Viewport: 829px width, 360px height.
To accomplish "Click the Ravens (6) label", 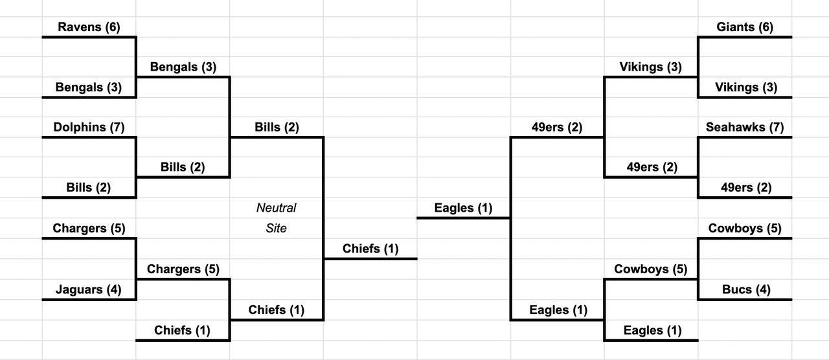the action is click(x=89, y=27).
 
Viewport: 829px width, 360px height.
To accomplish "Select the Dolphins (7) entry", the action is click(x=89, y=128).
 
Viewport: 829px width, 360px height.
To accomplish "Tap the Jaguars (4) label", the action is click(x=89, y=289).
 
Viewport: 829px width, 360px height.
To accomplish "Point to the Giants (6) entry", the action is click(x=745, y=27).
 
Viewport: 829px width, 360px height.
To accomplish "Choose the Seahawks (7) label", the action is click(x=745, y=128).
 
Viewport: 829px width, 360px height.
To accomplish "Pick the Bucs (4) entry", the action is click(x=746, y=289).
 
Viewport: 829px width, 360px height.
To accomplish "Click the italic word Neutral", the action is click(x=276, y=208).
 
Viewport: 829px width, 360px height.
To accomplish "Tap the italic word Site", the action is click(x=276, y=229).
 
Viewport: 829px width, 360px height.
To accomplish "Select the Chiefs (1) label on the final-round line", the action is click(x=370, y=249).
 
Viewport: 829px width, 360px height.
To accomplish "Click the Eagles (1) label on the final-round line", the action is click(x=463, y=208).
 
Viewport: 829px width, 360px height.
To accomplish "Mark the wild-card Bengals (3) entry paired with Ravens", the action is click(x=89, y=87).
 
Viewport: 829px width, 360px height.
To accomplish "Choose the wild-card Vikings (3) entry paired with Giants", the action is click(x=746, y=87).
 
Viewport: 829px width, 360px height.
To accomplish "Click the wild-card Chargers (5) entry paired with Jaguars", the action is click(x=89, y=229).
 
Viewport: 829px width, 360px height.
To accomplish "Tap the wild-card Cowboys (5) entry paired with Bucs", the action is click(x=745, y=229).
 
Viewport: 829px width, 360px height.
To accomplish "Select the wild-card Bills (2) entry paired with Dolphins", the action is click(x=89, y=188).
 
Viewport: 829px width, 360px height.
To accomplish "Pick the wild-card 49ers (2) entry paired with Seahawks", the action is click(x=746, y=188).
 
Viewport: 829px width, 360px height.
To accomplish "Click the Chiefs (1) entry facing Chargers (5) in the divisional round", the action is click(x=182, y=330).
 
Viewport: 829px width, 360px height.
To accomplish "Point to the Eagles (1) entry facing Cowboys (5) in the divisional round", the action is click(x=652, y=330).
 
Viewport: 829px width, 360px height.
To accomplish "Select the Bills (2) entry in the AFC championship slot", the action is click(x=277, y=128).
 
